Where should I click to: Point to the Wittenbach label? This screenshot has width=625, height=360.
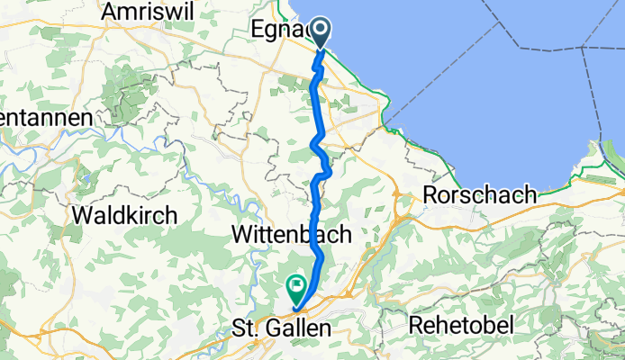(x=285, y=234)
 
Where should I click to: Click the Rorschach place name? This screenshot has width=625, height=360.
(x=480, y=195)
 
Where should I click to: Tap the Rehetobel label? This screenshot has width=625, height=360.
(x=464, y=323)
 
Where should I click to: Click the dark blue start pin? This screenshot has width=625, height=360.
(x=323, y=34)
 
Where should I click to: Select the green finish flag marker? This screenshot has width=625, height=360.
(x=295, y=290)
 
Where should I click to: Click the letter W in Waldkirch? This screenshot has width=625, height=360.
(x=82, y=216)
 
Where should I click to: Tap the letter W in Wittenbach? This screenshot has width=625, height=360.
(x=241, y=234)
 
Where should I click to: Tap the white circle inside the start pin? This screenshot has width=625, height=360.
(x=323, y=32)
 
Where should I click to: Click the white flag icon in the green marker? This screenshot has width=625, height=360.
(x=296, y=287)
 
